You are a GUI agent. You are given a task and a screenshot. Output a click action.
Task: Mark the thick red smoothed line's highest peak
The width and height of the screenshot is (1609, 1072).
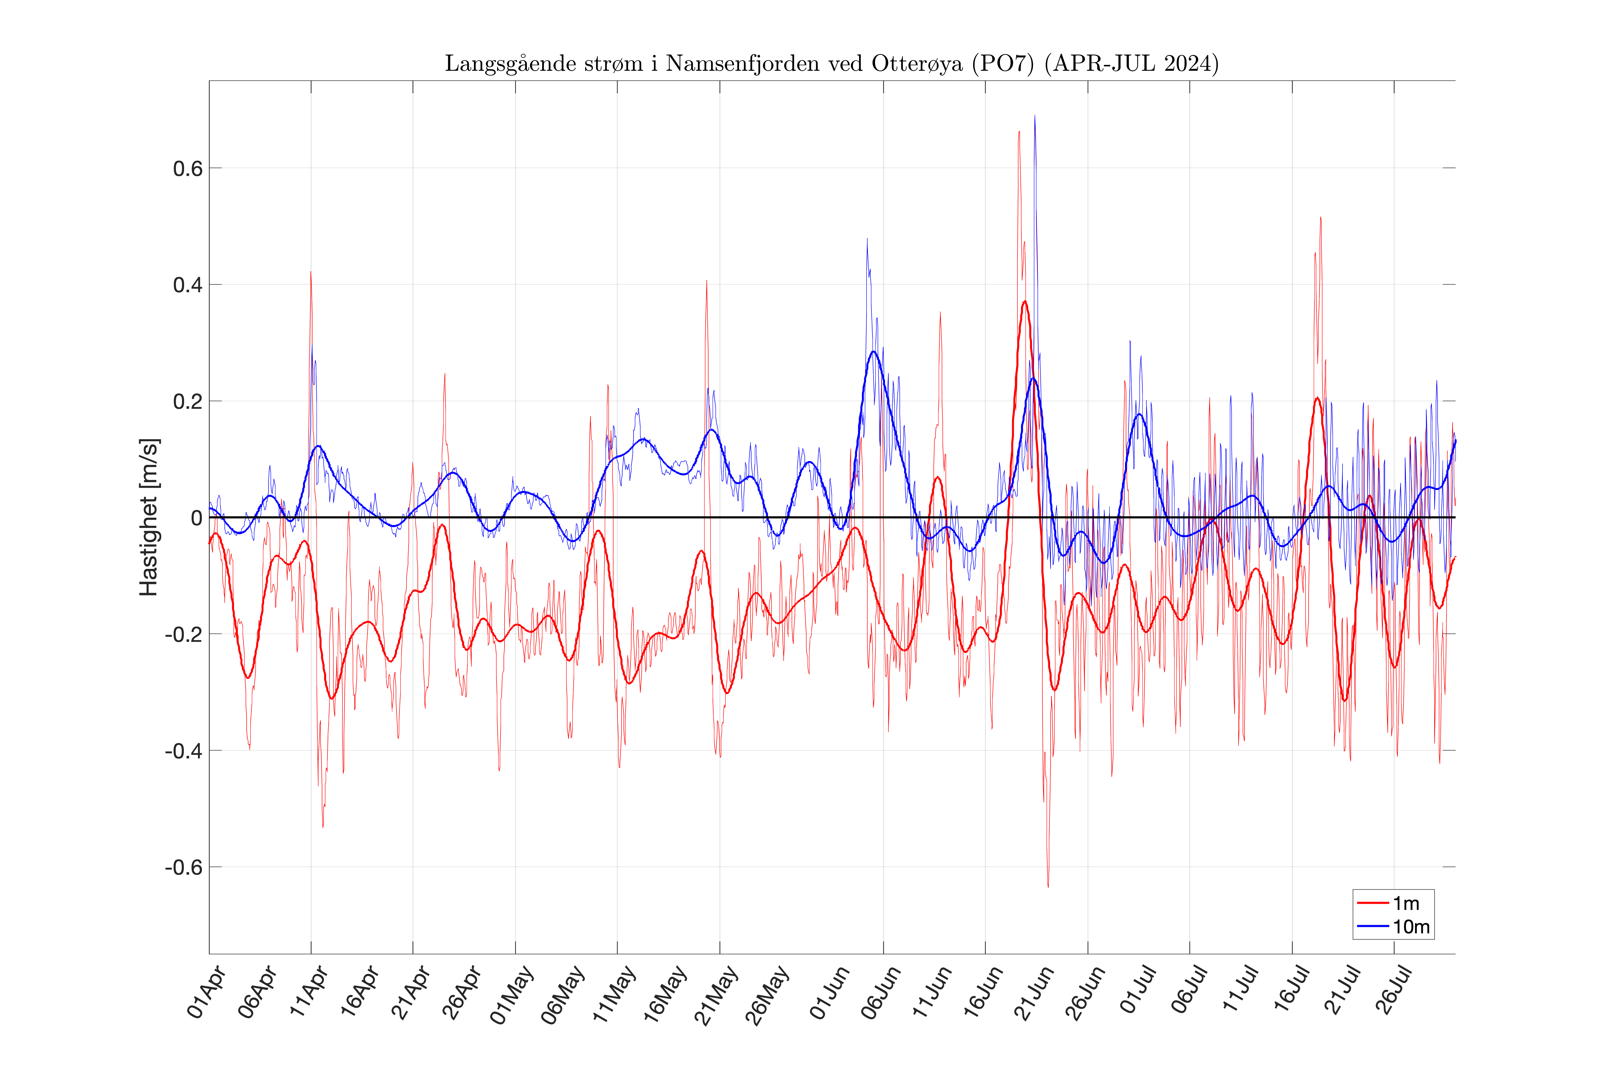pyautogui.click(x=1024, y=302)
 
